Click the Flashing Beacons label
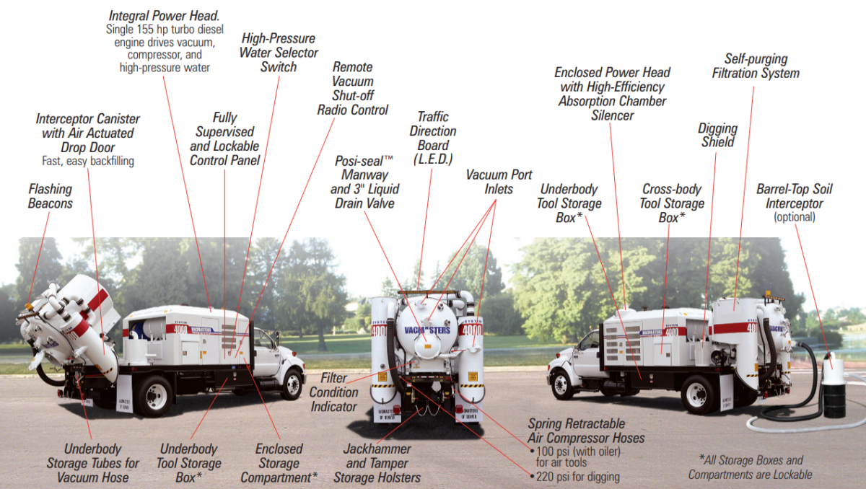tap(51, 196)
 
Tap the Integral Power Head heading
tap(165, 15)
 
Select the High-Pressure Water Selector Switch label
tap(279, 53)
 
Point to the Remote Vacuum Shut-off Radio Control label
tap(353, 89)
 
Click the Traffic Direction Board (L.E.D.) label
tap(433, 138)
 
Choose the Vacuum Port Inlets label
tap(499, 182)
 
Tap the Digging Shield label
tap(717, 135)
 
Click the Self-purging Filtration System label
tap(756, 66)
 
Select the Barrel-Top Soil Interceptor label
tap(794, 196)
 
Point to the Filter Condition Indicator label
tap(334, 392)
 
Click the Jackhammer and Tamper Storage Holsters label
tap(377, 463)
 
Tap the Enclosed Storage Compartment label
tap(279, 463)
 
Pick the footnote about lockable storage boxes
tap(751, 467)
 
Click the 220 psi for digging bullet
tap(577, 477)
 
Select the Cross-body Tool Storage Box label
tap(671, 203)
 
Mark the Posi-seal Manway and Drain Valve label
tap(364, 182)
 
